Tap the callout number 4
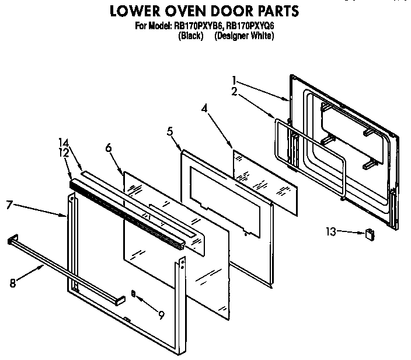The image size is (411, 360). click(x=204, y=108)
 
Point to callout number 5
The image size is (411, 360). click(x=170, y=131)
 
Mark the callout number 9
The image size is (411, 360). click(x=161, y=315)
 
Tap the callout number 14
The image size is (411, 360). click(x=63, y=142)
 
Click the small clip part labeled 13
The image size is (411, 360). click(x=369, y=234)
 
